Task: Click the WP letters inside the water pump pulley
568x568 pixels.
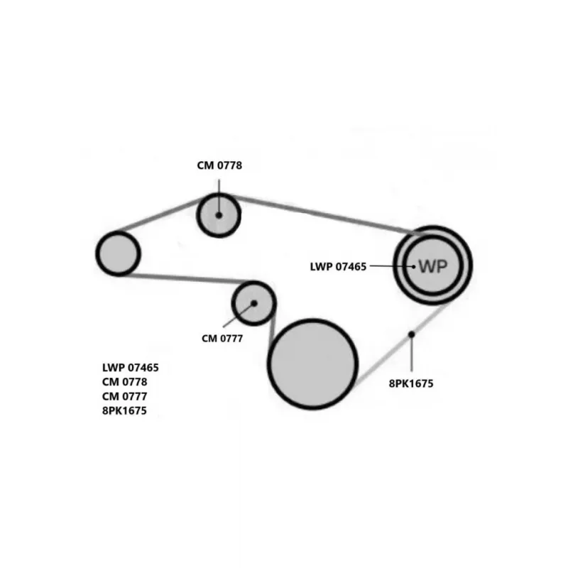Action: click(432, 266)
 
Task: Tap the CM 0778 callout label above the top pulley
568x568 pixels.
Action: click(219, 165)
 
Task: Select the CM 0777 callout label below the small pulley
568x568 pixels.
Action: click(222, 339)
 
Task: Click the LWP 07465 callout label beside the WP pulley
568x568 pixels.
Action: click(338, 267)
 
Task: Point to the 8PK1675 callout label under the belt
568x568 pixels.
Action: click(411, 383)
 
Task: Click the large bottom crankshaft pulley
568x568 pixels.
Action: click(312, 364)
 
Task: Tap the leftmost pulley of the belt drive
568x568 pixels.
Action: click(118, 253)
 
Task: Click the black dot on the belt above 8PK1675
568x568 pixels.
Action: click(411, 334)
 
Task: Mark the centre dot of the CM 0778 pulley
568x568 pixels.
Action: click(219, 214)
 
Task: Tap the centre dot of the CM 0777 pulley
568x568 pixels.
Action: click(253, 303)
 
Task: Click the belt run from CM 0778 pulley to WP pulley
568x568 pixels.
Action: click(319, 212)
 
